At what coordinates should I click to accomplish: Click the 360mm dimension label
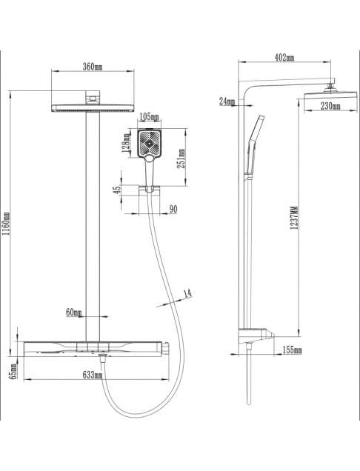pyautogui.click(x=93, y=67)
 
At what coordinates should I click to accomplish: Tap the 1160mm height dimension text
pyautogui.click(x=7, y=224)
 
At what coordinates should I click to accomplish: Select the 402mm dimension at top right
pyautogui.click(x=284, y=58)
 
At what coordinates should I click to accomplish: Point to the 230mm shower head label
pyautogui.click(x=330, y=106)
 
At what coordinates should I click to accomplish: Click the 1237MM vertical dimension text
pyautogui.click(x=295, y=218)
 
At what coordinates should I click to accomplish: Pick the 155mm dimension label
pyautogui.click(x=292, y=350)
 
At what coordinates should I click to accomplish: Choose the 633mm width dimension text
pyautogui.click(x=93, y=375)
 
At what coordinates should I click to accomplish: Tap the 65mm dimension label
pyautogui.click(x=13, y=371)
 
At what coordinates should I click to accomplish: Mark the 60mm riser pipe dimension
pyautogui.click(x=73, y=313)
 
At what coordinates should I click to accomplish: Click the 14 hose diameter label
pyautogui.click(x=188, y=294)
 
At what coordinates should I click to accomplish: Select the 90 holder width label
pyautogui.click(x=173, y=209)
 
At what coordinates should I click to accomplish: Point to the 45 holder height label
pyautogui.click(x=117, y=190)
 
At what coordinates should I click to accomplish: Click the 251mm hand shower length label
pyautogui.click(x=181, y=158)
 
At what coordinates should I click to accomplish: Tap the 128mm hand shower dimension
pyautogui.click(x=126, y=143)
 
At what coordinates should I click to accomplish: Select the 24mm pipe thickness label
pyautogui.click(x=227, y=101)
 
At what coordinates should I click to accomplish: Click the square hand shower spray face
pyautogui.click(x=149, y=144)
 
